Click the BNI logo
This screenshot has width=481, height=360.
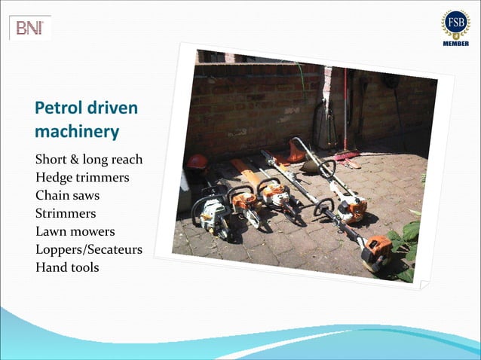click(x=30, y=29)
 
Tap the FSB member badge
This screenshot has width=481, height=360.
click(x=455, y=26)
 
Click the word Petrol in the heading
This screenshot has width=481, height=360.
click(x=57, y=108)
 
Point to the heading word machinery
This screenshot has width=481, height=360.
click(x=77, y=132)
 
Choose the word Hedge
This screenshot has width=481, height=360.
click(x=54, y=178)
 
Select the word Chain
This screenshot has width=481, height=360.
click(x=52, y=196)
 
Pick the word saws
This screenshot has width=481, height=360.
click(x=87, y=196)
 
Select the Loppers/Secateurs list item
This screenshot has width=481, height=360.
click(x=88, y=249)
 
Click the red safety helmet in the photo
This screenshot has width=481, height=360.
click(x=198, y=162)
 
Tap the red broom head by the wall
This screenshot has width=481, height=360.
click(x=348, y=156)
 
